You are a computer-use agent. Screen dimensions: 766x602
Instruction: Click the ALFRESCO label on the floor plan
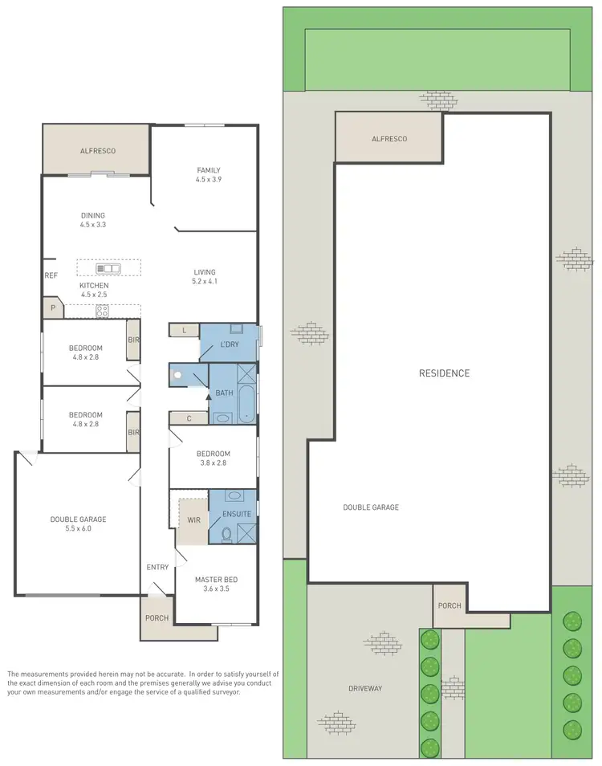pyautogui.click(x=96, y=150)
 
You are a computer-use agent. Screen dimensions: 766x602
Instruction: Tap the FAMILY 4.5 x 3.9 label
pyautogui.click(x=209, y=175)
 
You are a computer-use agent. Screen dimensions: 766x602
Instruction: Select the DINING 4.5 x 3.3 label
pyautogui.click(x=93, y=220)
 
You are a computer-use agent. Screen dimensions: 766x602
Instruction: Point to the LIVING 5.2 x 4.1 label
pyautogui.click(x=205, y=277)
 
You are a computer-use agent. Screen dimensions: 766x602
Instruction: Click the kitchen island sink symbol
pyautogui.click(x=108, y=268)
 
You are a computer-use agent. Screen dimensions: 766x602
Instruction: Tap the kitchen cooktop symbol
pyautogui.click(x=103, y=311)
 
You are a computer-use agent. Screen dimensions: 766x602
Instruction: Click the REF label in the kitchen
pyautogui.click(x=51, y=275)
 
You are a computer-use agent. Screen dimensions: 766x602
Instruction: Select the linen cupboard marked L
pyautogui.click(x=184, y=330)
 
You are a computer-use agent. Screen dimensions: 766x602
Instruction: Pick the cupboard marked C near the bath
pyautogui.click(x=188, y=418)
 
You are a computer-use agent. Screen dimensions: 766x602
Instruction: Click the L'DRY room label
pyautogui.click(x=230, y=344)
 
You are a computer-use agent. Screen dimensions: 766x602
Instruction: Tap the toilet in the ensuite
pyautogui.click(x=227, y=533)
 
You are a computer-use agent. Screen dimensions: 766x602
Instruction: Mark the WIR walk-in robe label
pyautogui.click(x=193, y=519)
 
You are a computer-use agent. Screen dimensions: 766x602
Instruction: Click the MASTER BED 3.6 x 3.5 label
pyautogui.click(x=216, y=584)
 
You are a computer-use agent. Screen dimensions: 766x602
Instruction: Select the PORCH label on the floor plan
pyautogui.click(x=157, y=618)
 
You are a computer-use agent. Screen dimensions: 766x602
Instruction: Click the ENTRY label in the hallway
pyautogui.click(x=157, y=568)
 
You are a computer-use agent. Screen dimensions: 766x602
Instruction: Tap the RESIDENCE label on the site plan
pyautogui.click(x=444, y=373)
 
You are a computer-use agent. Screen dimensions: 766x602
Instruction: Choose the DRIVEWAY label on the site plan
pyautogui.click(x=365, y=688)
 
